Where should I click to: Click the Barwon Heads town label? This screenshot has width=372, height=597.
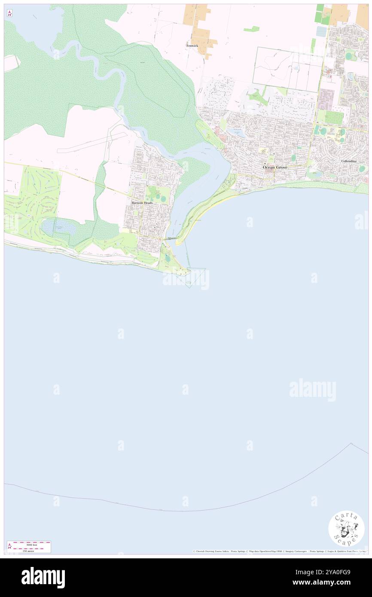(x=142, y=203)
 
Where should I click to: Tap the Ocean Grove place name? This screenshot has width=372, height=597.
(x=275, y=167)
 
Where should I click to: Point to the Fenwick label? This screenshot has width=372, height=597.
(x=192, y=45)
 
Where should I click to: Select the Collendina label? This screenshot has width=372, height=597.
(x=348, y=161)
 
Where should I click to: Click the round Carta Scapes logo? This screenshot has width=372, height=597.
(x=346, y=528)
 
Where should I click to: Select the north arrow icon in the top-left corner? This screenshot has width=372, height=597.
(x=9, y=13)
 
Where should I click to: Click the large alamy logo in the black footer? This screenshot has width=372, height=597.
(x=43, y=578)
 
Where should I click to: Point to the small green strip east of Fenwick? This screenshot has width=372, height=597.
(x=251, y=29)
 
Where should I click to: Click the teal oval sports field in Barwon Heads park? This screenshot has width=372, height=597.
(x=163, y=198)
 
